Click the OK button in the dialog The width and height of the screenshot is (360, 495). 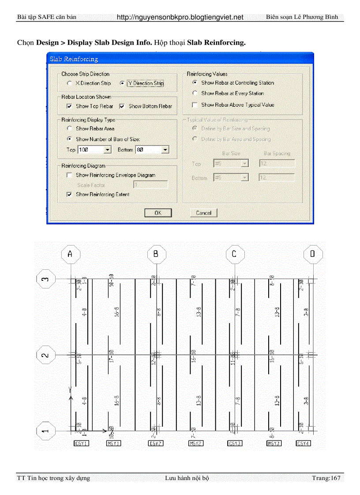coord(157,213)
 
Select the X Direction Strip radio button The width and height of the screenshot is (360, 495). coord(69,83)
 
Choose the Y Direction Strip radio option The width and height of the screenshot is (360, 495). coord(122,83)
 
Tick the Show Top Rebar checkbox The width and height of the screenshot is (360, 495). coord(69,106)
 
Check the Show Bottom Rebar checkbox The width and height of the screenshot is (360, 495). coord(122,106)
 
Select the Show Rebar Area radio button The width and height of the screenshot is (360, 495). coord(69,129)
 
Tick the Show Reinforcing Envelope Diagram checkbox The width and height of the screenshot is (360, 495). coord(69,175)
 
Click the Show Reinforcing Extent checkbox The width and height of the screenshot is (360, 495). coord(69,194)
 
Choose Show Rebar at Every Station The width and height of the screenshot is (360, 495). coord(195,93)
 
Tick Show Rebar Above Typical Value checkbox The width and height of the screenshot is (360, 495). coord(195,105)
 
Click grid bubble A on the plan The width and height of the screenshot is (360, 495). coord(71,254)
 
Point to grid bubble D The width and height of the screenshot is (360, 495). coord(313,254)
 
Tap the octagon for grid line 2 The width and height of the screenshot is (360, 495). coord(45,355)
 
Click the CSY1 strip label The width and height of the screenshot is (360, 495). coord(81,443)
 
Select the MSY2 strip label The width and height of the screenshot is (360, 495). coord(195,443)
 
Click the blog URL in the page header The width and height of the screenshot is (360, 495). coord(180,17)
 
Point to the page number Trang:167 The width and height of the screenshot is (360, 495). coord(326,478)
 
